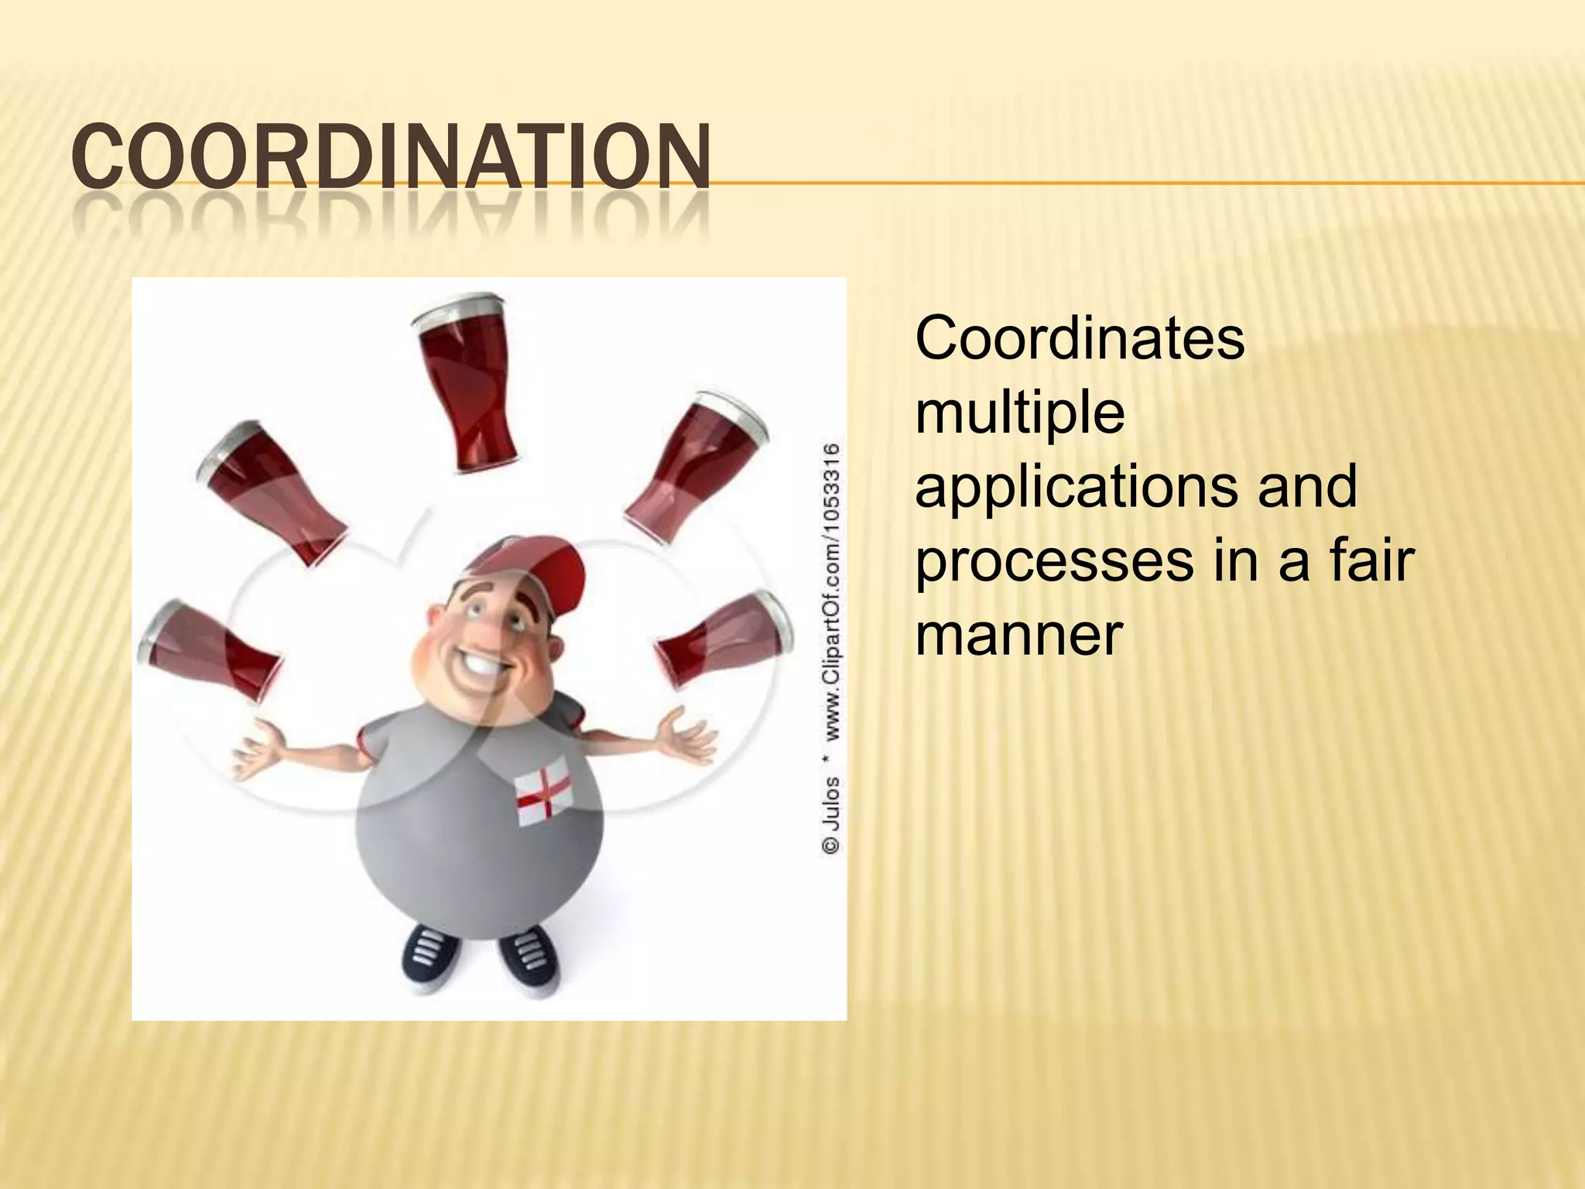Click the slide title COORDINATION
pos(391,157)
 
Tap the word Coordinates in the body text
pos(1080,339)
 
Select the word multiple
pos(1020,413)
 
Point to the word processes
pos(1054,561)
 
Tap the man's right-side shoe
pos(529,960)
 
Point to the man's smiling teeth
pos(485,664)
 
